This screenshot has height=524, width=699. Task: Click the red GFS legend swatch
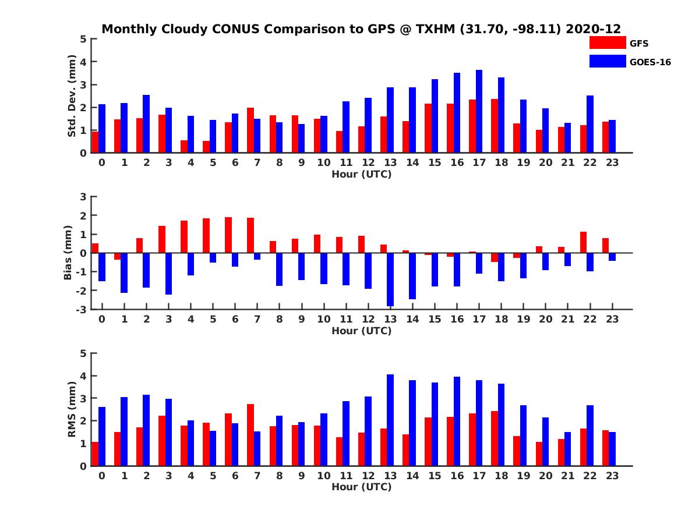tap(608, 43)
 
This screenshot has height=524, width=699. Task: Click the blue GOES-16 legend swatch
tap(608, 61)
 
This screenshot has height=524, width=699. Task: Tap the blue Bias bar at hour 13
tap(390, 279)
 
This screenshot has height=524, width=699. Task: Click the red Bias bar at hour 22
tap(583, 242)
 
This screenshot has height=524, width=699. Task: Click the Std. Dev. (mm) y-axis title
tap(72, 96)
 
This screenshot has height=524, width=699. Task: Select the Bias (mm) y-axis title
tap(68, 253)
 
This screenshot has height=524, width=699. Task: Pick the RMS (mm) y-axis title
tap(72, 409)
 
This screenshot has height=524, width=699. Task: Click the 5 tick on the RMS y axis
tap(84, 353)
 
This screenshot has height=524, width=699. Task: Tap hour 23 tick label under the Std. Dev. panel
tap(612, 162)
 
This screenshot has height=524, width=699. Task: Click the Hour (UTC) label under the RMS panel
tap(361, 487)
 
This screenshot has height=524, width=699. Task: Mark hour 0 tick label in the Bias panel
tap(102, 319)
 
